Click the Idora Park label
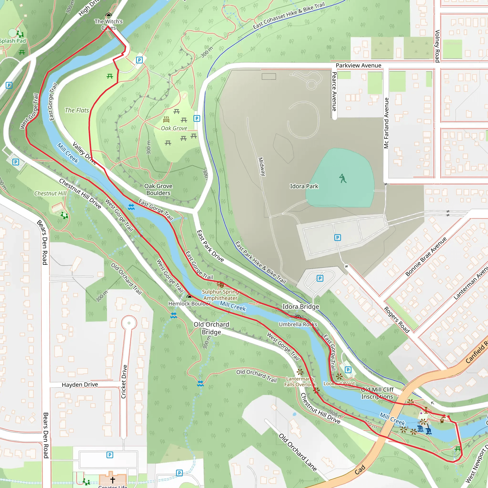tap(304, 186)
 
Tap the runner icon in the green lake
tap(343, 178)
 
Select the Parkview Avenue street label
tap(358, 66)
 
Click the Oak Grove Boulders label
tap(158, 189)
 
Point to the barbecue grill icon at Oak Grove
tap(166, 119)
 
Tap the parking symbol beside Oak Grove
tap(197, 118)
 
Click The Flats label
tap(77, 110)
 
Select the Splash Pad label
tap(13, 41)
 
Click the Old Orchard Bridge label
tap(211, 328)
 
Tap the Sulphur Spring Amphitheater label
tap(220, 295)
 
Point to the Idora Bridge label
tap(300, 307)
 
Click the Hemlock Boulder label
tap(189, 304)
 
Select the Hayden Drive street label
tap(80, 384)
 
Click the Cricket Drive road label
tap(123, 382)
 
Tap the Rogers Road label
tap(396, 320)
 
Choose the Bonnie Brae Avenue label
tap(426, 257)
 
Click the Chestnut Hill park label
tap(50, 193)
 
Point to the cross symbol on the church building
tap(113, 479)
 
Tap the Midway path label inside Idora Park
tap(262, 167)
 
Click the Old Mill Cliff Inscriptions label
tap(377, 393)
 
